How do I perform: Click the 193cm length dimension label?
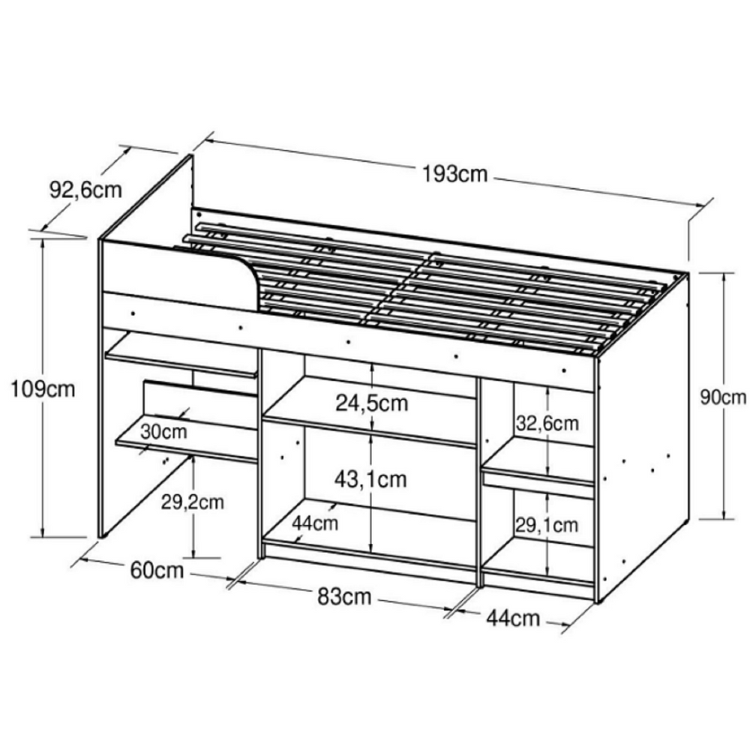tap(455, 174)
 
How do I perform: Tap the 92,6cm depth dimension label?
tap(85, 190)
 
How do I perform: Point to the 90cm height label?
tap(723, 397)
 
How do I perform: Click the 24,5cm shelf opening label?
tap(372, 403)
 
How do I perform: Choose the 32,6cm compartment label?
tap(547, 423)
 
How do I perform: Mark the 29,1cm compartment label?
tap(547, 524)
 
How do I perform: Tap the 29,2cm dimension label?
tap(193, 502)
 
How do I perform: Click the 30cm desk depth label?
tap(163, 432)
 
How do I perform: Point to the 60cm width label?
tap(157, 571)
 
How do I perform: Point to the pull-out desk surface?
tap(187, 442)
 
